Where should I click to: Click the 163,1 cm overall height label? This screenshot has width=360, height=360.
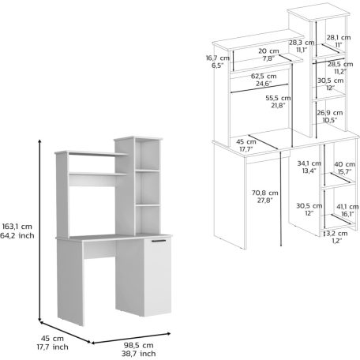[x=17, y=227]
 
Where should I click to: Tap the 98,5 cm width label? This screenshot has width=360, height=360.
[x=139, y=345]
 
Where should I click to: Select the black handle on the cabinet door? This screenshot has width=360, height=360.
[x=159, y=241]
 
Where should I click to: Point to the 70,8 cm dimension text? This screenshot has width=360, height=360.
[x=265, y=193]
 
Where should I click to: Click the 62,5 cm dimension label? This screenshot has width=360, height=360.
[x=264, y=77]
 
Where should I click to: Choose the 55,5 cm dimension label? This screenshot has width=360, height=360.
[x=278, y=98]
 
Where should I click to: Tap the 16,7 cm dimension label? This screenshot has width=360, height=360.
[x=218, y=58]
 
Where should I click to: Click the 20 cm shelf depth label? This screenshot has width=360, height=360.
[x=268, y=51]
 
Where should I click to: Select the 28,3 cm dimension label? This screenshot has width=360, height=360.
[x=302, y=43]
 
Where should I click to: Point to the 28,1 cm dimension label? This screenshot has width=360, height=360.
[x=339, y=38]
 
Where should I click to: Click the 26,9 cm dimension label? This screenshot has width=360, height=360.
[x=330, y=113]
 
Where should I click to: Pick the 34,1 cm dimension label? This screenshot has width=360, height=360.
[x=309, y=163]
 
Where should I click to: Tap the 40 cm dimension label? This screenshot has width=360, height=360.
[x=345, y=164]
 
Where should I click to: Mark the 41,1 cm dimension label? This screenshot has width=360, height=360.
[x=347, y=207]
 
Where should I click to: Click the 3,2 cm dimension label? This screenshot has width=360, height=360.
[x=337, y=234]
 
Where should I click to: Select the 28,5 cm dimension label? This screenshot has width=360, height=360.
[x=340, y=64]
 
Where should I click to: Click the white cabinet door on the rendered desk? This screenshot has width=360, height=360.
[x=158, y=276]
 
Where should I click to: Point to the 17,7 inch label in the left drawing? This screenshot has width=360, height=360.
[x=52, y=347]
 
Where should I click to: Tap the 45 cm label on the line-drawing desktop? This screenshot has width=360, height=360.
[x=246, y=142]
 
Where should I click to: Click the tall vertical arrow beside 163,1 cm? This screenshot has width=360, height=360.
[x=39, y=231]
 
